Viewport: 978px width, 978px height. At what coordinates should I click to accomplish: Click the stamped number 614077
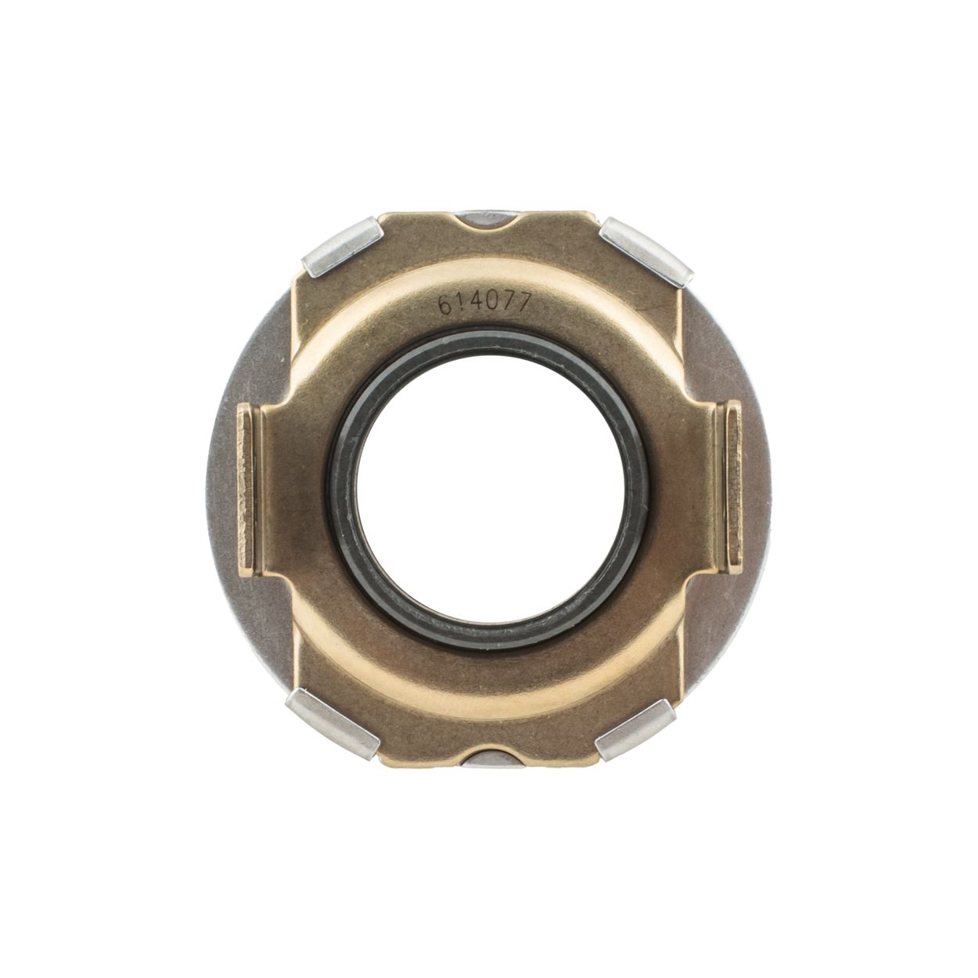coord(484,304)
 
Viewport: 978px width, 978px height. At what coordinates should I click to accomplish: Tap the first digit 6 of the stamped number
coord(446,306)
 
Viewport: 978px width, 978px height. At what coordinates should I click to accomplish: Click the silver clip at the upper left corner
coord(343,246)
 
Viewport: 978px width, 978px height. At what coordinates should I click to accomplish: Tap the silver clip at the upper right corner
coord(646,250)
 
